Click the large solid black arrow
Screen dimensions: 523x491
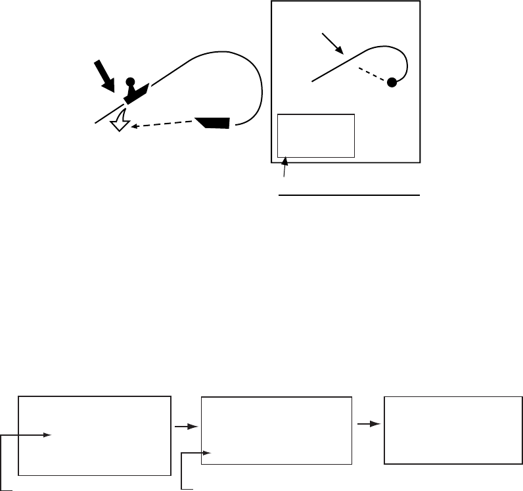(104, 75)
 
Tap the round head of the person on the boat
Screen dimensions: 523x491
(130, 82)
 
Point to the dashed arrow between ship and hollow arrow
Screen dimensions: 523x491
(164, 126)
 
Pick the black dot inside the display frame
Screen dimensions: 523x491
(392, 82)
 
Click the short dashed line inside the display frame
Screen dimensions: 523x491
(372, 74)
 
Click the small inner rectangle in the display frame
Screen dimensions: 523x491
(316, 135)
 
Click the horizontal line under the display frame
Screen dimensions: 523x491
(349, 195)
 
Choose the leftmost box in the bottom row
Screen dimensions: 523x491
(94, 435)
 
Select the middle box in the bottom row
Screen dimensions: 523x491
(276, 431)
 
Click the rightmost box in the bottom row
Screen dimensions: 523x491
(454, 430)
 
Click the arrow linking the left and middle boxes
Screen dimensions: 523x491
(187, 427)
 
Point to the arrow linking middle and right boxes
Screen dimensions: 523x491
(369, 424)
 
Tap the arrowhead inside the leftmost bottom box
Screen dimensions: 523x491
(47, 434)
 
